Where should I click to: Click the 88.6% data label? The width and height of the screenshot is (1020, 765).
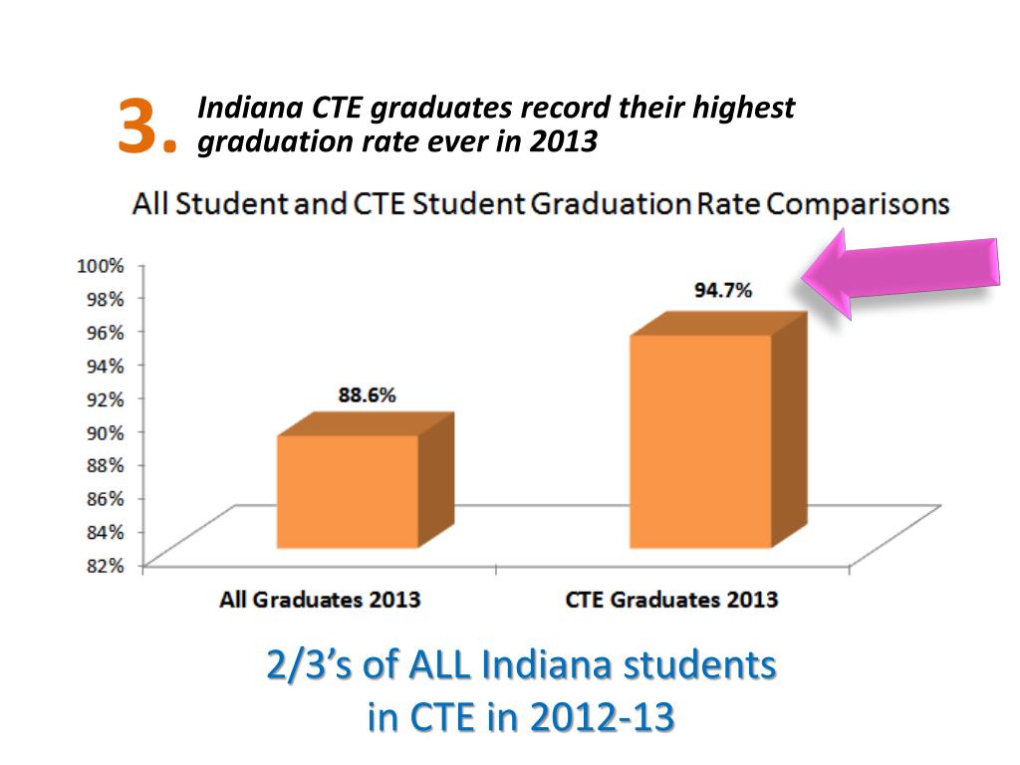pos(368,395)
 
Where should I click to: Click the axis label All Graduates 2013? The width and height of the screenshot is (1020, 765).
pos(320,601)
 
